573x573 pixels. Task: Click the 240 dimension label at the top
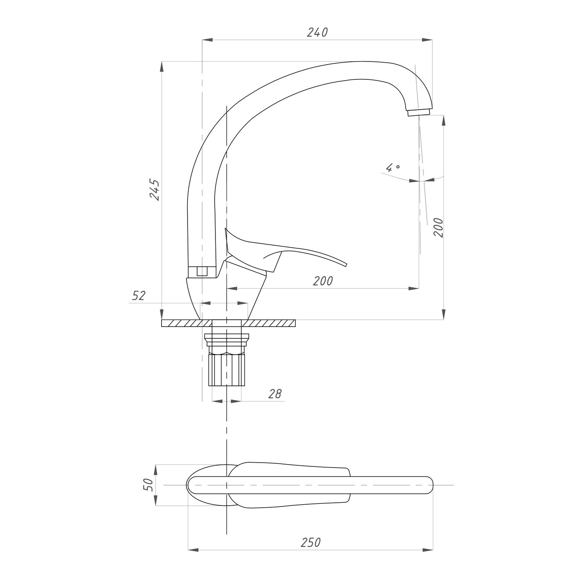pyautogui.click(x=317, y=33)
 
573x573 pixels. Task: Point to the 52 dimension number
pyautogui.click(x=139, y=295)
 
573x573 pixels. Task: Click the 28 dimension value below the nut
pyautogui.click(x=275, y=393)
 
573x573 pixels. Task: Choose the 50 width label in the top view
pyautogui.click(x=149, y=485)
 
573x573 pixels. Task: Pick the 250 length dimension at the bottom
pyautogui.click(x=311, y=542)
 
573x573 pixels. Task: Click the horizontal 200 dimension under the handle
pyautogui.click(x=323, y=281)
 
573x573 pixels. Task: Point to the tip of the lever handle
pyautogui.click(x=345, y=264)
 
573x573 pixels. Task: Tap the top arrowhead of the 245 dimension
pyautogui.click(x=162, y=66)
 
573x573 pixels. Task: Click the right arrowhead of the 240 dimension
pyautogui.click(x=428, y=39)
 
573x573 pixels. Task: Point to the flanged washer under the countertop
pyautogui.click(x=227, y=337)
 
